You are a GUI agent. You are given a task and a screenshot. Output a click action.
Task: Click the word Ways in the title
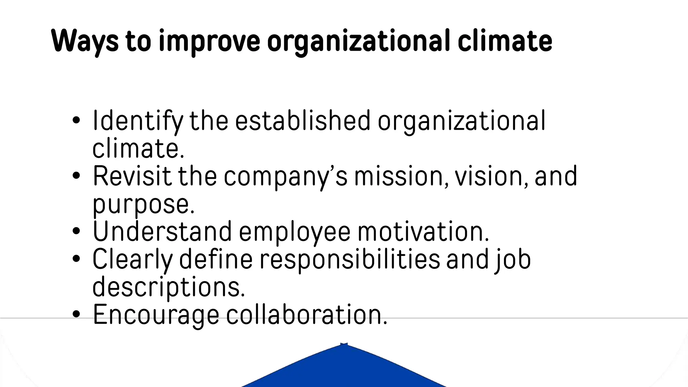point(85,41)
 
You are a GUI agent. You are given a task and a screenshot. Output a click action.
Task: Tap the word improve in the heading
point(209,41)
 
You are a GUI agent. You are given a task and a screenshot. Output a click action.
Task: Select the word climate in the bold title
point(505,41)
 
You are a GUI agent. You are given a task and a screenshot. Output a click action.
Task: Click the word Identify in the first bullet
point(138,121)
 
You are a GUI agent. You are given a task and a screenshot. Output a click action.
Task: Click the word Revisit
point(132,176)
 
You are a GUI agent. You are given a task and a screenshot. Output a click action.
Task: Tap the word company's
point(286,177)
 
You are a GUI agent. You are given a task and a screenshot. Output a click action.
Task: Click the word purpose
point(143,204)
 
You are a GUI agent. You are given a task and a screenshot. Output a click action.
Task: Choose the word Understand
point(162,231)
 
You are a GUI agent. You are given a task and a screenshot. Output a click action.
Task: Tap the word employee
point(295,232)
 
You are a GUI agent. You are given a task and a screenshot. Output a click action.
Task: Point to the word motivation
point(423,231)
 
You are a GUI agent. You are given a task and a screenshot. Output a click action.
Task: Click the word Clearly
point(132,260)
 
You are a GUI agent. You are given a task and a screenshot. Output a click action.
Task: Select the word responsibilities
point(350,260)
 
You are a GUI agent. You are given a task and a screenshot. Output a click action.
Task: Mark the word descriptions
point(169,287)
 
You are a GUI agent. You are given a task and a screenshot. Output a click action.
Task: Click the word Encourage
point(156,315)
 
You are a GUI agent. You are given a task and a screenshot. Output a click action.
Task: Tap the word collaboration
point(307,315)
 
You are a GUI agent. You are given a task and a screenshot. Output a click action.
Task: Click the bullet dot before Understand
point(76,231)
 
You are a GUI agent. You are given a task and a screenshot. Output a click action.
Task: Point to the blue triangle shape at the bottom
point(344,370)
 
